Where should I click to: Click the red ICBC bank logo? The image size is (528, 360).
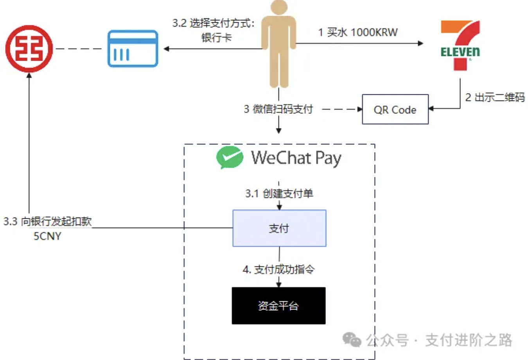(29, 49)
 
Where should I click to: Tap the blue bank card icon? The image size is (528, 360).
(133, 49)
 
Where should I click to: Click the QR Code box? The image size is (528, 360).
(395, 110)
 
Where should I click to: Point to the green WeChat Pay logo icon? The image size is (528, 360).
(230, 157)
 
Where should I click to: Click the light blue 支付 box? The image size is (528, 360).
(279, 228)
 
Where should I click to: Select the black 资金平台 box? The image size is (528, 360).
(278, 306)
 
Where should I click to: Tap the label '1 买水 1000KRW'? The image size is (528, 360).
(357, 32)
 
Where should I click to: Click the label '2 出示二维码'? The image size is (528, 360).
(495, 97)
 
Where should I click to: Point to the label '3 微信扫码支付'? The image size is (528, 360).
(278, 109)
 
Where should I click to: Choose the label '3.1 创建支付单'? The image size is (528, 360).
(279, 193)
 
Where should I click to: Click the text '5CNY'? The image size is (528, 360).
(47, 236)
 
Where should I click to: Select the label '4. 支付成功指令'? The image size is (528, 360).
(278, 269)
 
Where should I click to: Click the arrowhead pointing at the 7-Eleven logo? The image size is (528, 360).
(421, 43)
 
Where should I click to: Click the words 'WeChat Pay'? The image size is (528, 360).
(296, 158)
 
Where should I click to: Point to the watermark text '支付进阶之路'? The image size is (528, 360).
(469, 340)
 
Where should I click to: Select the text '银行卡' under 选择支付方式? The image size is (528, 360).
(216, 38)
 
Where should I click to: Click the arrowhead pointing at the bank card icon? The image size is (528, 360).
(166, 49)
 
